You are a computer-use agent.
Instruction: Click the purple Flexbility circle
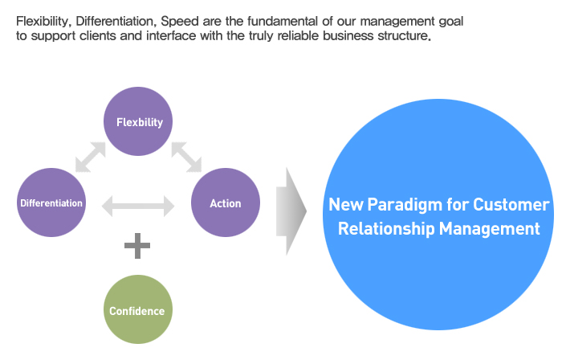tap(138, 121)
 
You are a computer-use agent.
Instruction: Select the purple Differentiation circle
tap(51, 202)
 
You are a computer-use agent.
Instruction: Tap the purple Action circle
tap(226, 202)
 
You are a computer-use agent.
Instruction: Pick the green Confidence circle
tap(138, 309)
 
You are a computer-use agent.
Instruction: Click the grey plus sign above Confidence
tap(137, 246)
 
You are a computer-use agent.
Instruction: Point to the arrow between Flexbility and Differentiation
tap(91, 157)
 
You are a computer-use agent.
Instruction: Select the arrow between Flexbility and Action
tap(186, 157)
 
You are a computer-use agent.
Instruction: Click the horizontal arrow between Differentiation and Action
tap(138, 207)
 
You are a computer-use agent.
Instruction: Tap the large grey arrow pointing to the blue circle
tap(291, 211)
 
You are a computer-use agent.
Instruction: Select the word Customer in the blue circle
tap(511, 205)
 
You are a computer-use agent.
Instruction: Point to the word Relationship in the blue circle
tap(386, 229)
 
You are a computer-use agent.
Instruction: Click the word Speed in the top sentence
tap(180, 22)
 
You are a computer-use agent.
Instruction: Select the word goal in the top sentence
tap(451, 22)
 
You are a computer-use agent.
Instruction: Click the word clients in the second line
tap(98, 36)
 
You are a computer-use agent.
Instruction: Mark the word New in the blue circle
tap(346, 205)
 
